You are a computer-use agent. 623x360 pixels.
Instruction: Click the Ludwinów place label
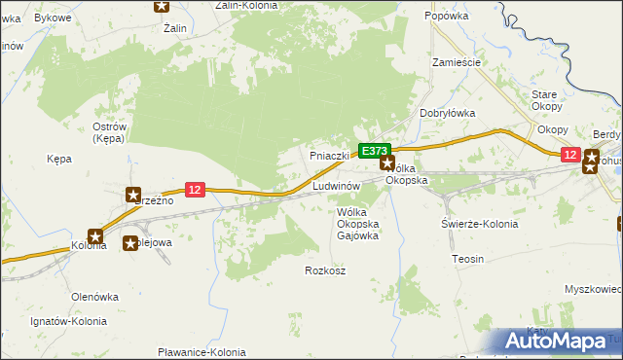[338, 185]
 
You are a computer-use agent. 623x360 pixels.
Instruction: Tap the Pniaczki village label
[329, 156]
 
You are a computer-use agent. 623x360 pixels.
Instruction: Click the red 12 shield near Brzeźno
[195, 190]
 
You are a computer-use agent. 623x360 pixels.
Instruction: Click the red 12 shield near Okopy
[570, 155]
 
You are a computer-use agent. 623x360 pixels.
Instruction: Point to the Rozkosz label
[325, 270]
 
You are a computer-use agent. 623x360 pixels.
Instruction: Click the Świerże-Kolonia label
[478, 224]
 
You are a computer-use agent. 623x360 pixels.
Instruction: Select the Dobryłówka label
[447, 113]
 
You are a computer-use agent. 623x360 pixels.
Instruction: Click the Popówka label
[448, 17]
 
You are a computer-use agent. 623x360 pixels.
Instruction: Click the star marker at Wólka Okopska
[387, 165]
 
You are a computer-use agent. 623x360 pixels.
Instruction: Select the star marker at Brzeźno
[132, 195]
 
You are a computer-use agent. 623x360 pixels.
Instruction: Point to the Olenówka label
[94, 296]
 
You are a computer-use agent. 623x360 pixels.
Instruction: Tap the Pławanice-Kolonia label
[202, 352]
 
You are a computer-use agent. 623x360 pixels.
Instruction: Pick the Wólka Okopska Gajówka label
[357, 225]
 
